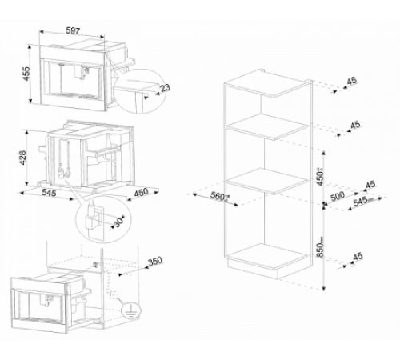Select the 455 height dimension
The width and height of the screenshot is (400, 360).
pyautogui.click(x=26, y=74)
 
